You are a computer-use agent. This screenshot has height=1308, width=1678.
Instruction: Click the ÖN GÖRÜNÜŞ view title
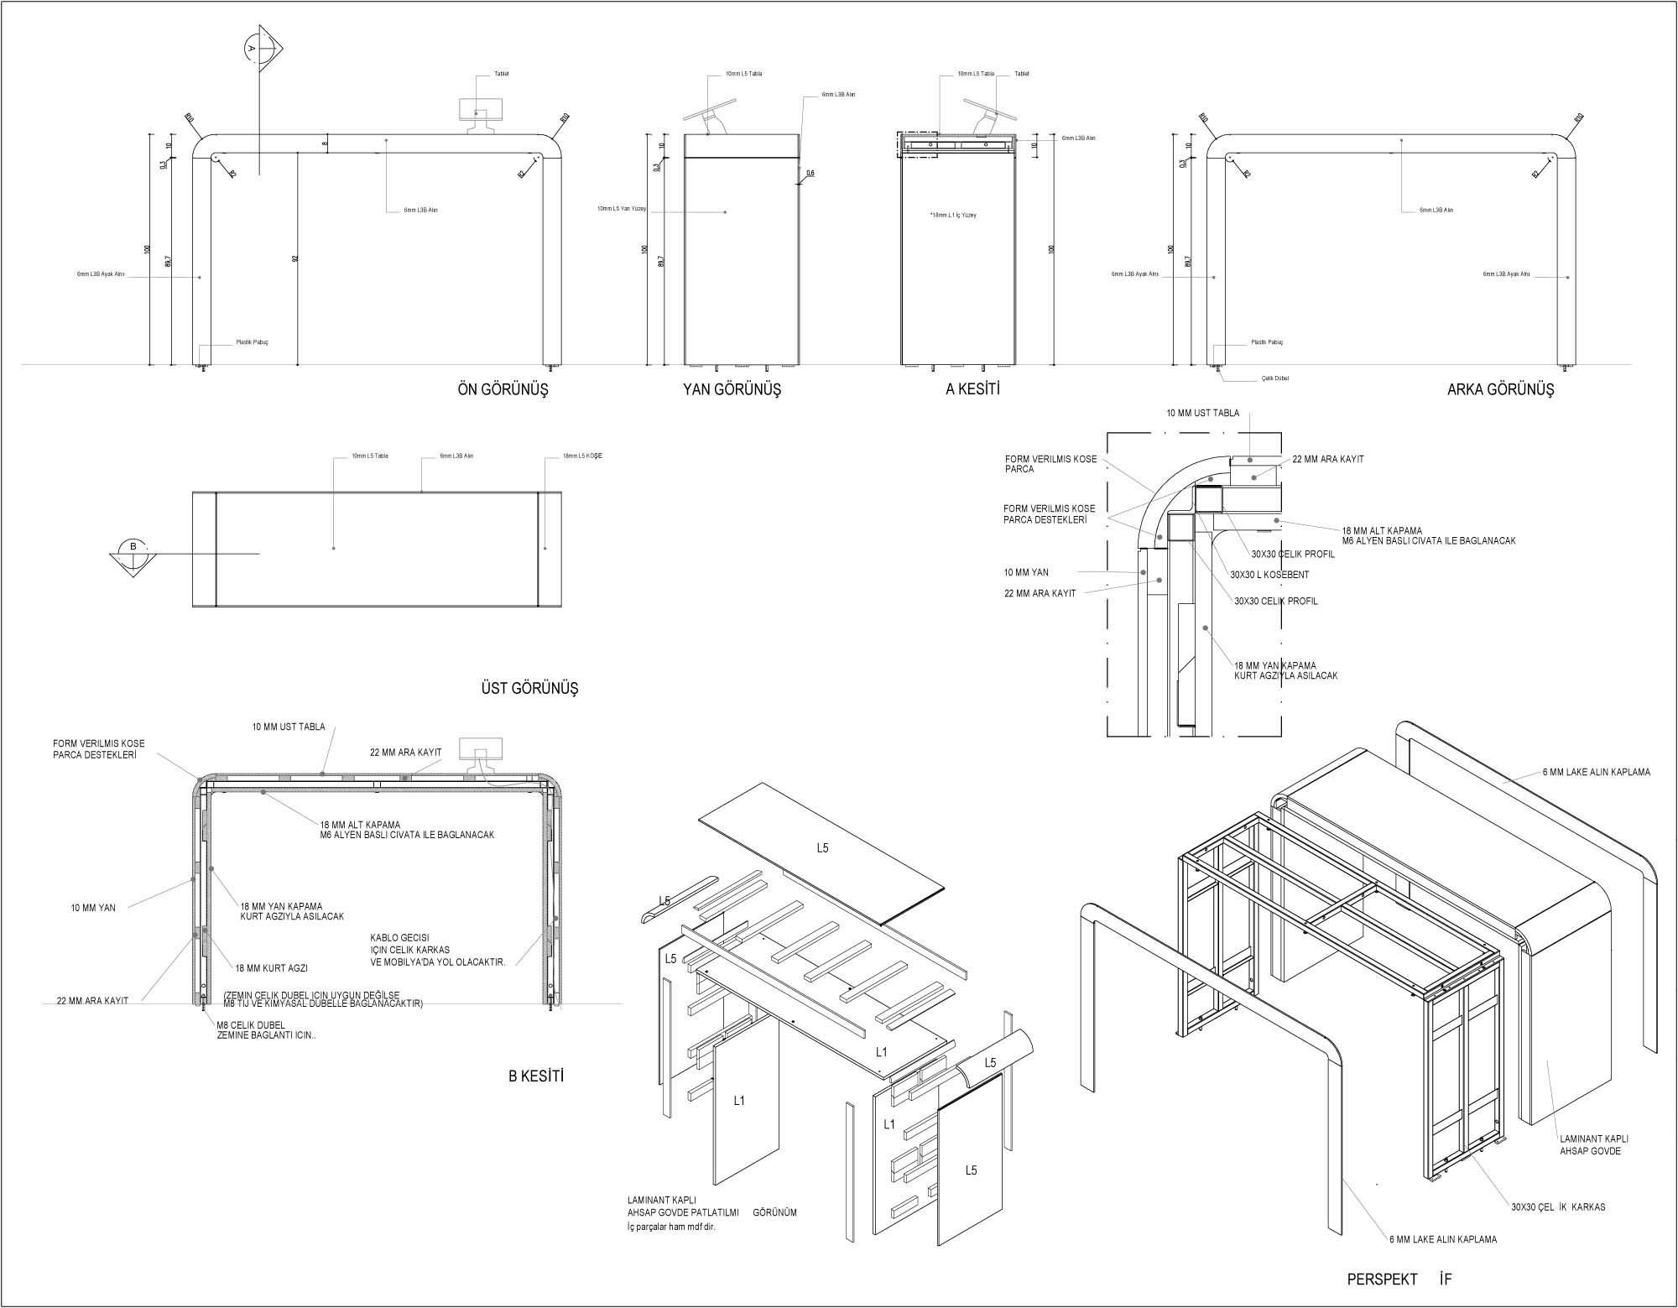coord(503,390)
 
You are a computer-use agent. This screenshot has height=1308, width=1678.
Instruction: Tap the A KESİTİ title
coord(972,389)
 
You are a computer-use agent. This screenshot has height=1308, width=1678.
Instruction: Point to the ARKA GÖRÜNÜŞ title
coord(1500,390)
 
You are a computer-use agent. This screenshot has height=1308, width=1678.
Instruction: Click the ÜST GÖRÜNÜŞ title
coord(529,689)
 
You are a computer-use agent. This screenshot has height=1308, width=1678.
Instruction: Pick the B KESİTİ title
coord(535,1076)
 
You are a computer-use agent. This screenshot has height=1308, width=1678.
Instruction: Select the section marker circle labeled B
coord(133,547)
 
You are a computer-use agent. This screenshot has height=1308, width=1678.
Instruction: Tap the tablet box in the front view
coord(481,110)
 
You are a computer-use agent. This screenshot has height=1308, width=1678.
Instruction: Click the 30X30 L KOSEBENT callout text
coord(1269,575)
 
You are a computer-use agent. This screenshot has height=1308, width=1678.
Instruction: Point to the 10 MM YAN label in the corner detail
coord(1026,573)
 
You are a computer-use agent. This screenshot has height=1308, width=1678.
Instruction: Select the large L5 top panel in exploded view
coord(822,848)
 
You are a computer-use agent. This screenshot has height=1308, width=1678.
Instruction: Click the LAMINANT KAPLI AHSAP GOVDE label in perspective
coord(1593,1144)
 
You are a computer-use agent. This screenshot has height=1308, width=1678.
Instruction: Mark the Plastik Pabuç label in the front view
coord(252,342)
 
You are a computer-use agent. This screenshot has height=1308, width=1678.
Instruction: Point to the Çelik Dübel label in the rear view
coord(1274,378)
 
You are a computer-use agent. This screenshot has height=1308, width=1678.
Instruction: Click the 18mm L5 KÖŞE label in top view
coord(583,456)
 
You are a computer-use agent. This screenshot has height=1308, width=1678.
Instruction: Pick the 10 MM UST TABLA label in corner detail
coord(1202,414)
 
